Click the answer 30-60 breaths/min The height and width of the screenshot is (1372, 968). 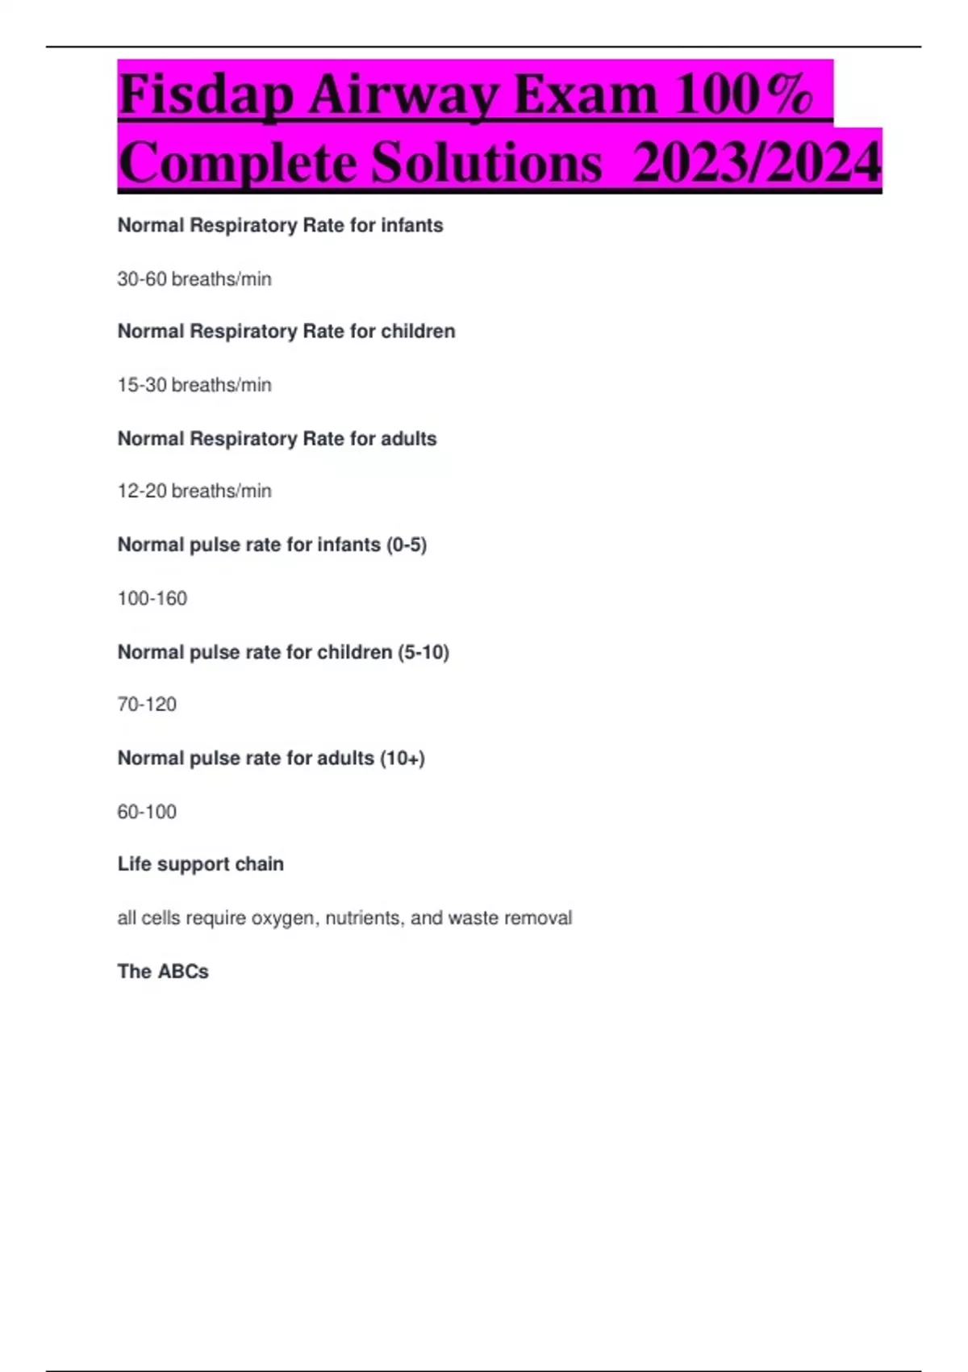[x=194, y=279]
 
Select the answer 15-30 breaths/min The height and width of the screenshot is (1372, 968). [x=194, y=385]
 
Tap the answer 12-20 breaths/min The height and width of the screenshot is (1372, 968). [x=194, y=491]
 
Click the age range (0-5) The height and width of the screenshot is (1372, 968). [x=407, y=545]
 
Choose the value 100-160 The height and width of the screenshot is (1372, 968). [x=152, y=598]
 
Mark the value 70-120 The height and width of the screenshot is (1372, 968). [x=147, y=705]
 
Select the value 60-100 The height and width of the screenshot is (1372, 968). [x=147, y=812]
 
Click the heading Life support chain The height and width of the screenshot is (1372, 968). [x=201, y=864]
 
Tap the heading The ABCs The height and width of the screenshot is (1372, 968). [x=163, y=972]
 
